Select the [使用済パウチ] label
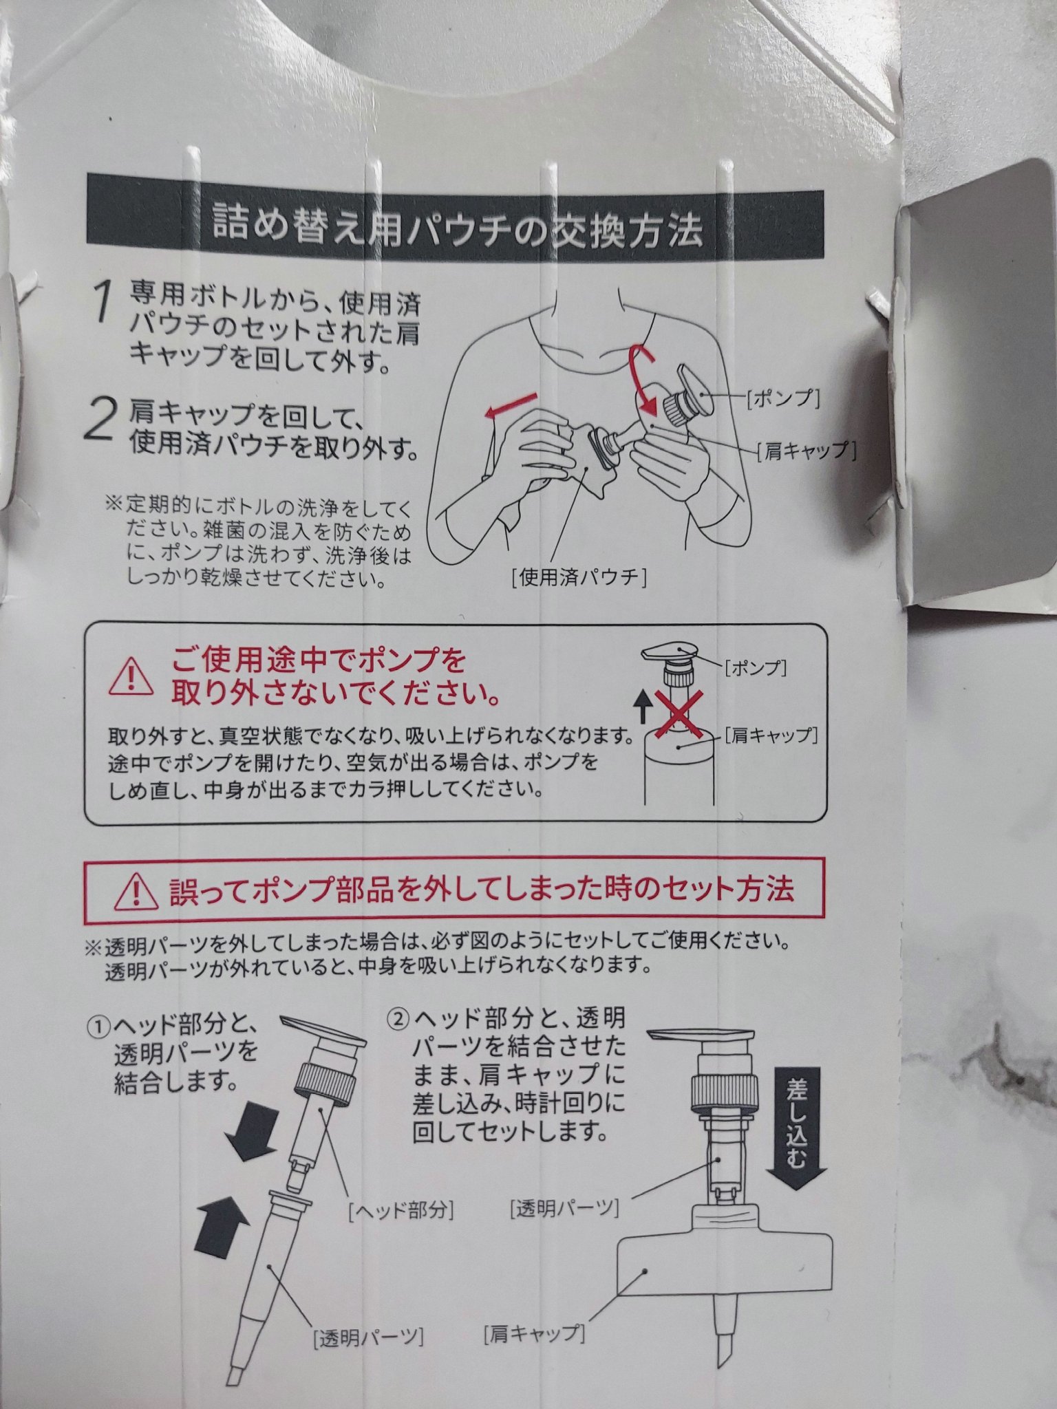pyautogui.click(x=579, y=577)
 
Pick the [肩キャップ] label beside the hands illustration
pyautogui.click(x=806, y=450)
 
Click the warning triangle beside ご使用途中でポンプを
pyautogui.click(x=131, y=676)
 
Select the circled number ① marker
pyautogui.click(x=98, y=1029)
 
